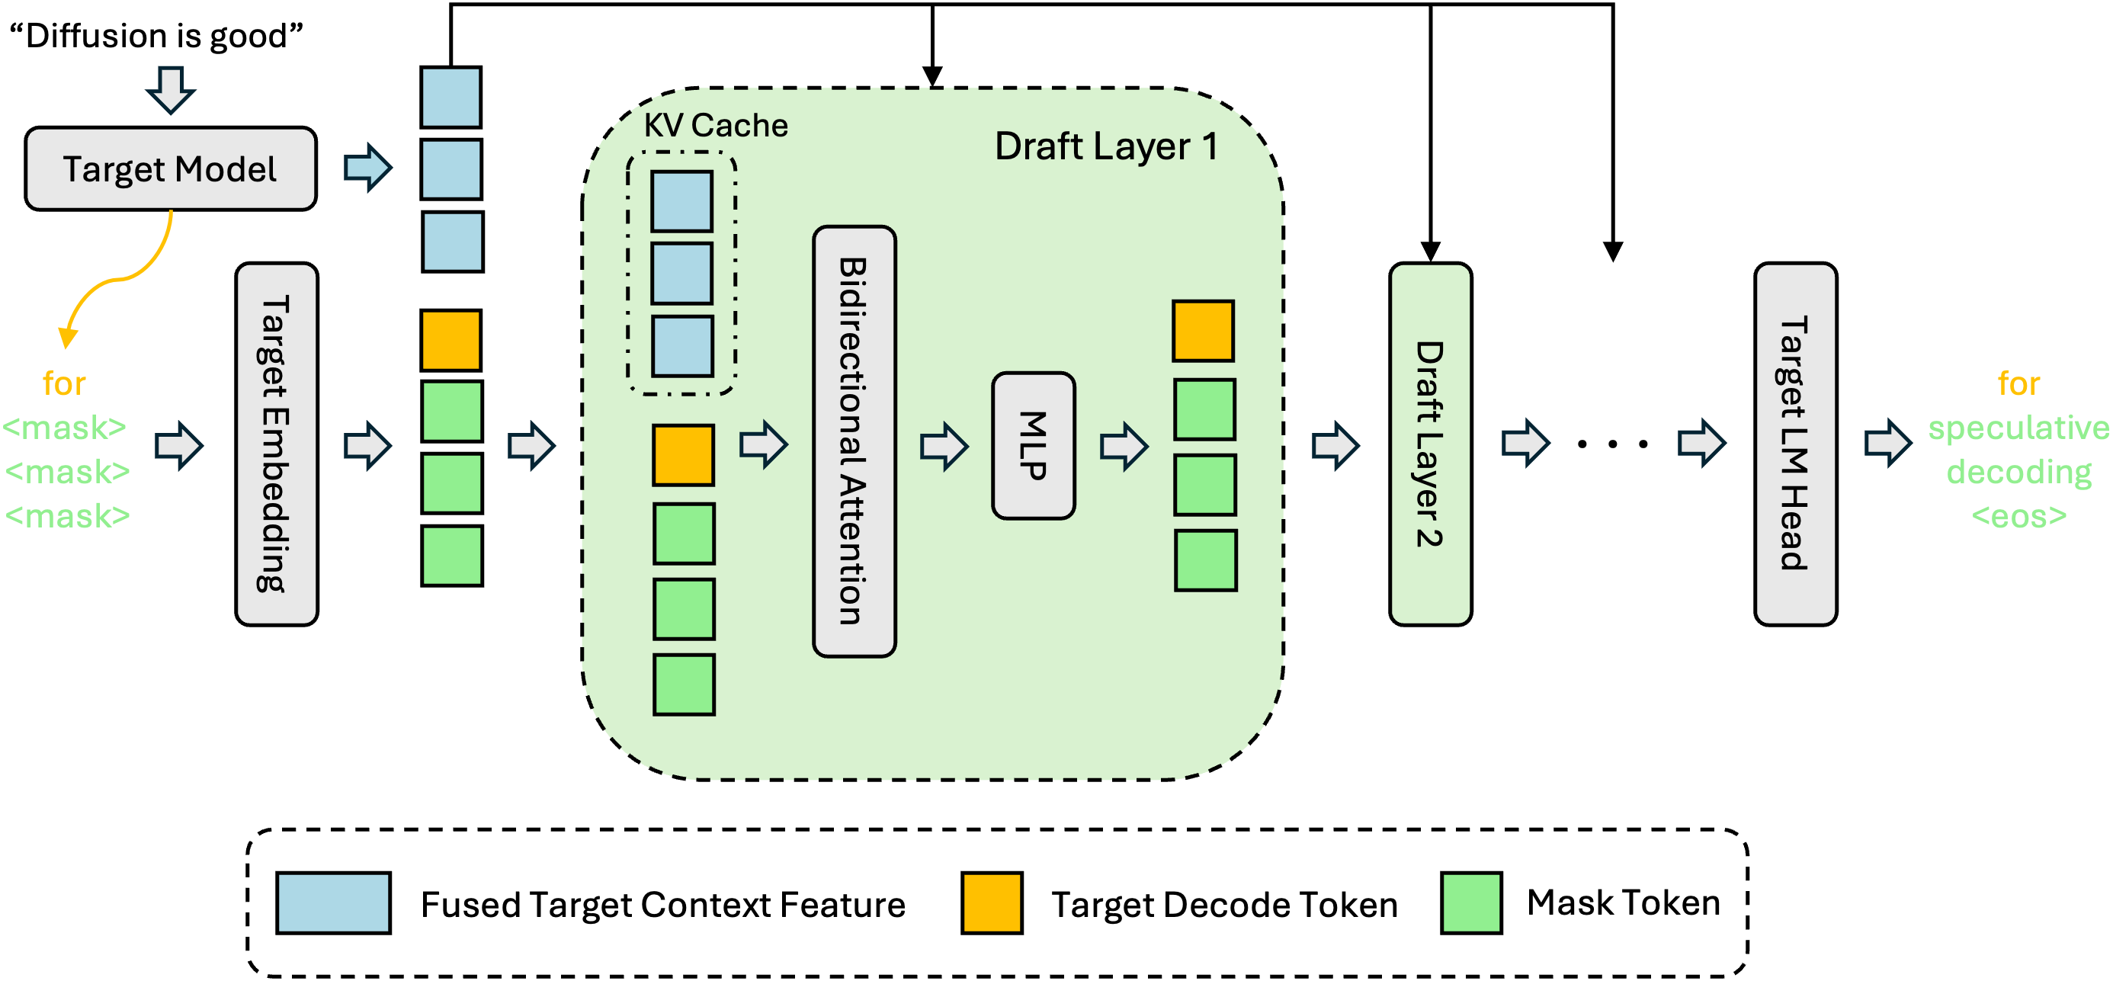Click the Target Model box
pyautogui.click(x=171, y=168)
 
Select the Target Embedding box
pyautogui.click(x=277, y=444)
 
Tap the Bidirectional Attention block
pyautogui.click(x=854, y=441)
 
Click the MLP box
pyautogui.click(x=1033, y=445)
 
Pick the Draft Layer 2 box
pyautogui.click(x=1430, y=444)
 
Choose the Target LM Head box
pyautogui.click(x=1794, y=444)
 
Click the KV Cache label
pyautogui.click(x=715, y=126)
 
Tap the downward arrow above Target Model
pyautogui.click(x=171, y=88)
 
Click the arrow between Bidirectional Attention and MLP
pyautogui.click(x=944, y=445)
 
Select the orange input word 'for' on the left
pyautogui.click(x=64, y=384)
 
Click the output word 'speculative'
pyautogui.click(x=2018, y=428)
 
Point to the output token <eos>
pyautogui.click(x=2018, y=517)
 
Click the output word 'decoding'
pyautogui.click(x=2018, y=473)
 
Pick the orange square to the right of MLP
pyautogui.click(x=1203, y=332)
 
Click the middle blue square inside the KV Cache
pyautogui.click(x=681, y=273)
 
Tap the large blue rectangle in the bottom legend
pyautogui.click(x=333, y=902)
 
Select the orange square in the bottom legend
pyautogui.click(x=992, y=902)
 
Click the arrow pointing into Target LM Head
pyautogui.click(x=1701, y=443)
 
